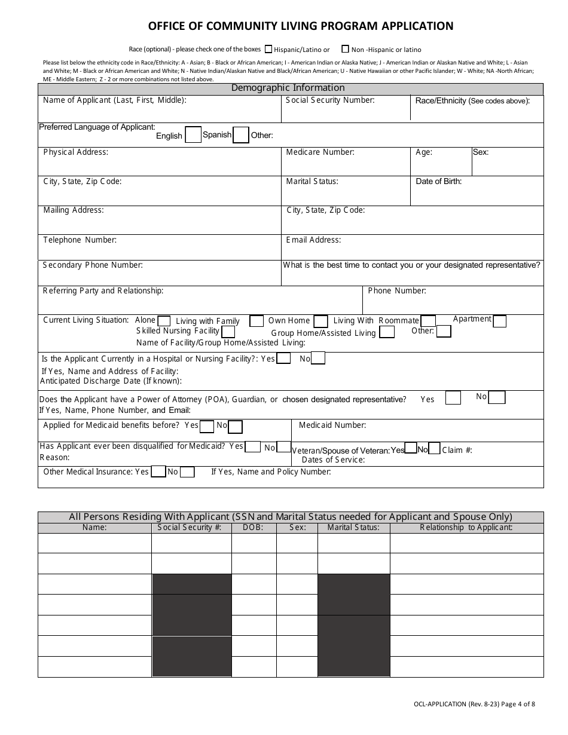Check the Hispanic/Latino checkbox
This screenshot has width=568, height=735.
[268, 49]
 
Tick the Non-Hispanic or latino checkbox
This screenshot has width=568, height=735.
[346, 49]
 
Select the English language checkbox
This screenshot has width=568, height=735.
[193, 136]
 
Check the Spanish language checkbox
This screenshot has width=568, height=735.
[240, 136]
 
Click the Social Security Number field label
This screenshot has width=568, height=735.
[330, 100]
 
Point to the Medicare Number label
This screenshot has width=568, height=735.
[320, 152]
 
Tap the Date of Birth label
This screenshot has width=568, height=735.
[439, 182]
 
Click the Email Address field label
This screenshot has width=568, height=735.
[314, 240]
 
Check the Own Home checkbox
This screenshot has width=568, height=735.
[320, 321]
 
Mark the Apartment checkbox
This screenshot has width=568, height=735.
[499, 321]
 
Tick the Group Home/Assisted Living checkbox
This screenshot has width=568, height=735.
[387, 332]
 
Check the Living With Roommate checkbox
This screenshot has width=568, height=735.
[428, 321]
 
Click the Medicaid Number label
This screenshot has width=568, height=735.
[332, 425]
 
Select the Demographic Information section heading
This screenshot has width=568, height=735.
[288, 88]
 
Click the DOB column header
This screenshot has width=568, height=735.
[254, 528]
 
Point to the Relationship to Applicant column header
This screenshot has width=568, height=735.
[466, 528]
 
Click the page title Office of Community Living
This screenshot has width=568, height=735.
[301, 26]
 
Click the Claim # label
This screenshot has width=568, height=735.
[457, 450]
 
